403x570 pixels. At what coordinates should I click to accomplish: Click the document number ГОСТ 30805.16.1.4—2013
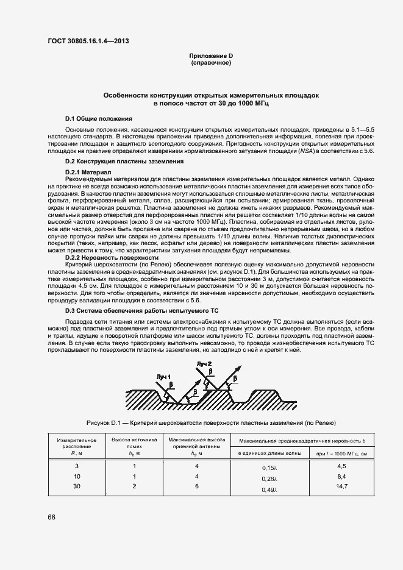[88, 41]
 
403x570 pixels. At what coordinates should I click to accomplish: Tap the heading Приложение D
[211, 56]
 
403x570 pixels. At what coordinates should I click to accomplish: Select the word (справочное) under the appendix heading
[211, 63]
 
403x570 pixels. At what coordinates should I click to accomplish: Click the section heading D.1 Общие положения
[98, 118]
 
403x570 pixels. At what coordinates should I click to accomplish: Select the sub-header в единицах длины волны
[269, 453]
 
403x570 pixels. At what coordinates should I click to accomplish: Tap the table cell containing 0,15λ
[269, 468]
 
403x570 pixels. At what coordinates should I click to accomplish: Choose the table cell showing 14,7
[341, 486]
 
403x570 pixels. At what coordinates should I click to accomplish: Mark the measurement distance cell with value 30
[76, 486]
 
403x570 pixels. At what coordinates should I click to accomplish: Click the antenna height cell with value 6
[196, 486]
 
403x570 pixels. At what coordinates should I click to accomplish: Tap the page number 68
[52, 518]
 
